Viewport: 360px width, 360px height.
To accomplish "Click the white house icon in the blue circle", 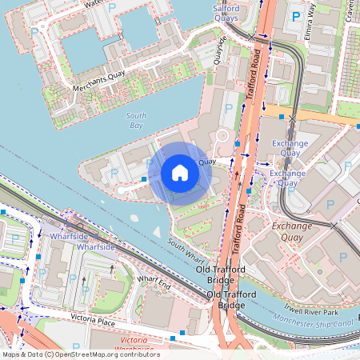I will pos(180,173).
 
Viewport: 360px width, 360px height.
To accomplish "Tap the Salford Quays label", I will pos(226,12).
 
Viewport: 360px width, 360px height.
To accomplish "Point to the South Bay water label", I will pos(137,121).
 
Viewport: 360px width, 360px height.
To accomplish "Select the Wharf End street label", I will pos(154,282).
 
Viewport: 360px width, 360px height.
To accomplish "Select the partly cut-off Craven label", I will pos(350,11).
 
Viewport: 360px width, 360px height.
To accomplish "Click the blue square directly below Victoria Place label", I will pos(183,332).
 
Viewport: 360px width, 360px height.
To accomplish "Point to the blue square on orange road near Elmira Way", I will pos(282,117).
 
